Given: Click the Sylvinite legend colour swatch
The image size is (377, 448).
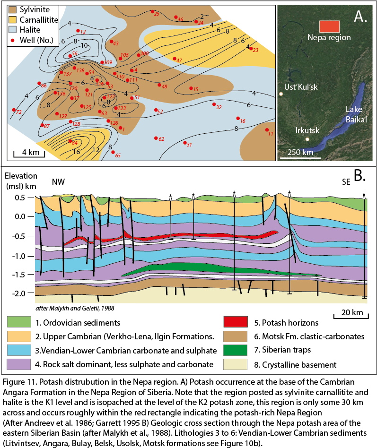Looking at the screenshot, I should [13, 10].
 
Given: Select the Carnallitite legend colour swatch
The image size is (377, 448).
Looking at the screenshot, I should [13, 19].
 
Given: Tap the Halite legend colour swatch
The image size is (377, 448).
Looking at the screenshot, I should [13, 29].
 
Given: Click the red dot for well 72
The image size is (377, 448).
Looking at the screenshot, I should [14, 110].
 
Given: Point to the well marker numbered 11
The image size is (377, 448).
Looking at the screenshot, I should [267, 130].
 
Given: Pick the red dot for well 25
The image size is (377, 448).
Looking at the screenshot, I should [152, 11].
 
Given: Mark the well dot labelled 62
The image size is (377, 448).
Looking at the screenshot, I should [156, 138].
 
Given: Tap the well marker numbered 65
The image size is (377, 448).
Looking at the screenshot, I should [113, 152].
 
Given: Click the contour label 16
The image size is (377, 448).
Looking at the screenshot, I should [76, 152].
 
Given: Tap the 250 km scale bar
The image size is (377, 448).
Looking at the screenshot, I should [300, 157].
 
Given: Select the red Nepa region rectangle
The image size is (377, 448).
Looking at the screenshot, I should [329, 26].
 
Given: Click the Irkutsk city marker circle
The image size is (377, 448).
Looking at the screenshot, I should [307, 139].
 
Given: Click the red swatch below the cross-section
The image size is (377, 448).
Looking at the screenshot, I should [236, 322].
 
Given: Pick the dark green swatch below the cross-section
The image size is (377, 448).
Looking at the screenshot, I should [236, 350].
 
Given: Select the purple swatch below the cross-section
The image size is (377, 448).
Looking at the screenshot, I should [19, 364].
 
